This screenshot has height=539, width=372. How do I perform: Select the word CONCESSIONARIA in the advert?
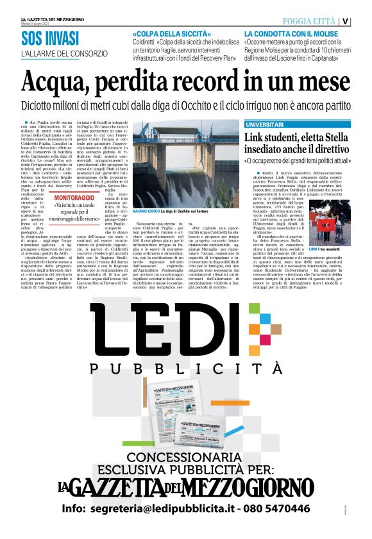(187, 456)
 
